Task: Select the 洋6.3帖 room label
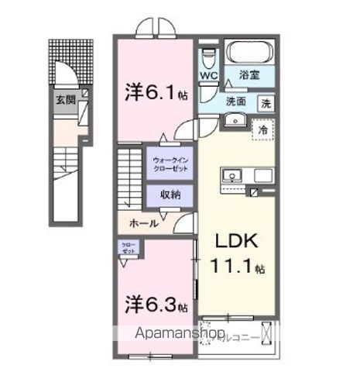[x=156, y=305]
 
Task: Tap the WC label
[x=208, y=76]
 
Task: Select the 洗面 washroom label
[x=237, y=101]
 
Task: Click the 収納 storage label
[x=170, y=195]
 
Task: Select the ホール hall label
[x=144, y=222]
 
